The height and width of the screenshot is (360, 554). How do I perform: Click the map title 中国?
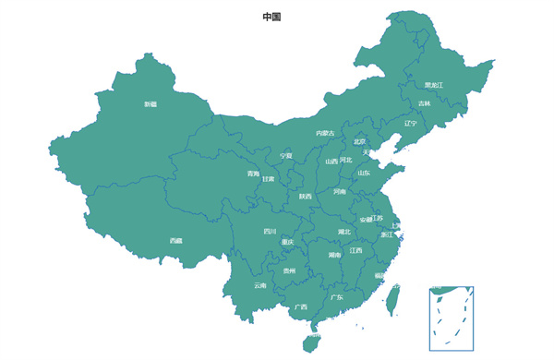(271, 17)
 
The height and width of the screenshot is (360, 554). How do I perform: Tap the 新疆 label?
(151, 104)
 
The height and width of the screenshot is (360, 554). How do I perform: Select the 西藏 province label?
(175, 241)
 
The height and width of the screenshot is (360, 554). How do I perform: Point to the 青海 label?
(253, 174)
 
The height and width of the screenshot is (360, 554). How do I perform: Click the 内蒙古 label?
(325, 133)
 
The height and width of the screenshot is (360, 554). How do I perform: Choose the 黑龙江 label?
(434, 85)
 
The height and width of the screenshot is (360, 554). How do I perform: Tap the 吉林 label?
(424, 103)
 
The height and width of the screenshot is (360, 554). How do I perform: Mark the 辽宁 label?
(410, 123)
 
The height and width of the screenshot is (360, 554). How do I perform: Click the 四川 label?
(270, 231)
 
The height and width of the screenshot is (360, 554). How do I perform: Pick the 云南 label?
(260, 285)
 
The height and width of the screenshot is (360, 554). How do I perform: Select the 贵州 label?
(290, 270)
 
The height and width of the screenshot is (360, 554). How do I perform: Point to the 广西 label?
(301, 306)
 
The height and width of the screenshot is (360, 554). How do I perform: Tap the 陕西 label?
(305, 196)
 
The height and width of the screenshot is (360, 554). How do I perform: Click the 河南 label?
(339, 192)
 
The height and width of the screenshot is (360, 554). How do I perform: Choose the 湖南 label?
(334, 255)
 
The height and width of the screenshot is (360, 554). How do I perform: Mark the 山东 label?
(365, 173)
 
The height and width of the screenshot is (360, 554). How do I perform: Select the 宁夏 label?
(286, 156)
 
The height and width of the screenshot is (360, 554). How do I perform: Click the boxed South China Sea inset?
(451, 318)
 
